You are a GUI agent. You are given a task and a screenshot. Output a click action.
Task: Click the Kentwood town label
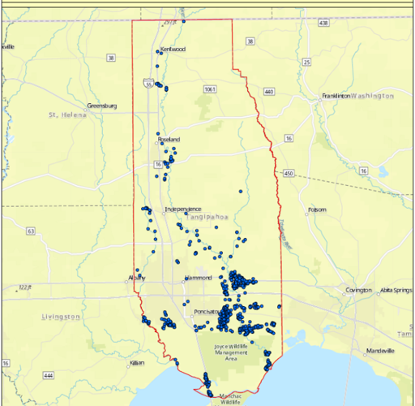(173, 50)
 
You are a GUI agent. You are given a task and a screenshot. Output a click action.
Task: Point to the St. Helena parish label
(62, 115)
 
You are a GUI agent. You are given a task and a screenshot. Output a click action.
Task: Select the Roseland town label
(169, 140)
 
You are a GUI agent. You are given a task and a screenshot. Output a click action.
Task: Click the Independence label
(182, 209)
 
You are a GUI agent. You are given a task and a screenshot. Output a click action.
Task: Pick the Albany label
(136, 278)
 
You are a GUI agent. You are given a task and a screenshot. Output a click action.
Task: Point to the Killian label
(136, 363)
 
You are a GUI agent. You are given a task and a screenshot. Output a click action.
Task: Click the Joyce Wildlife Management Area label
(230, 352)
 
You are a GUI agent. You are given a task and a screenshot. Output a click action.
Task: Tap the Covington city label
(358, 290)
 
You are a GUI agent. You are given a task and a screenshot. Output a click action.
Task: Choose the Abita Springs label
(395, 290)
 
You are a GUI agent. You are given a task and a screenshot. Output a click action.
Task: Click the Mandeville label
(379, 351)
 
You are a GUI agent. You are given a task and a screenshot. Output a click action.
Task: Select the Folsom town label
(317, 210)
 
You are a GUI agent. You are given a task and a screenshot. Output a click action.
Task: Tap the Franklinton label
(335, 96)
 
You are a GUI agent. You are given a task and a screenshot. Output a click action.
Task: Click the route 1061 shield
(210, 89)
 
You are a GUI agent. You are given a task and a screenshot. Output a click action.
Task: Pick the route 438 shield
(324, 23)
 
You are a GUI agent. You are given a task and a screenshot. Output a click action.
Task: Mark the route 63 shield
(31, 231)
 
